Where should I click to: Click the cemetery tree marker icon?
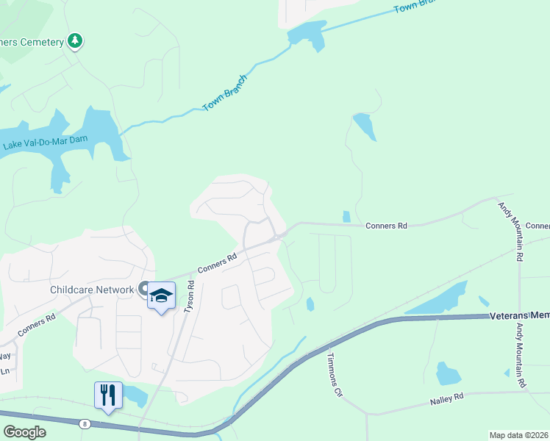click(x=75, y=41)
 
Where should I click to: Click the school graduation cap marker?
click(x=161, y=296)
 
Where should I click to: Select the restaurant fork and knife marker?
click(x=108, y=395)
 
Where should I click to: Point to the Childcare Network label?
click(x=92, y=290)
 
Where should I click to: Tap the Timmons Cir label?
click(x=335, y=373)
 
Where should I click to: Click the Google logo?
click(x=24, y=432)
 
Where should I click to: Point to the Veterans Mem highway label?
click(x=519, y=315)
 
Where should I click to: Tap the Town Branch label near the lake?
click(x=225, y=93)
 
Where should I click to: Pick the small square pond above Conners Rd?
click(x=346, y=217)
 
